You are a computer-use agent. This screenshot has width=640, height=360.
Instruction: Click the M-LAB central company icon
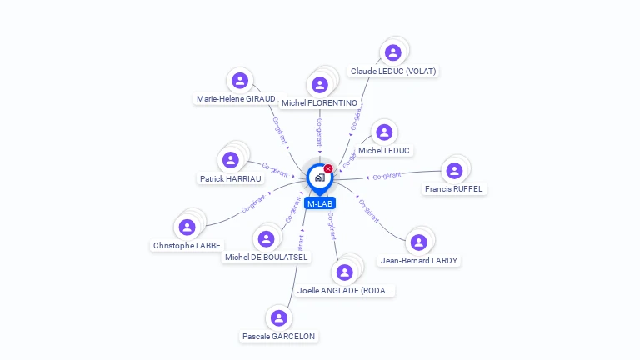coord(319,177)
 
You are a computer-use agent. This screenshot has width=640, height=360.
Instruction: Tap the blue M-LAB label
coord(320,203)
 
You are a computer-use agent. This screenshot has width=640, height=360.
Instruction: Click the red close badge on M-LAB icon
coord(328,168)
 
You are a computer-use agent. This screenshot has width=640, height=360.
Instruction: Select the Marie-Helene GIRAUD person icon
coord(240,81)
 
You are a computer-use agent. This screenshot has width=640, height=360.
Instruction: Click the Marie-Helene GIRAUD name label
coord(236,99)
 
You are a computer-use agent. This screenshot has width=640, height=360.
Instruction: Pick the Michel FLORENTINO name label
coord(319,103)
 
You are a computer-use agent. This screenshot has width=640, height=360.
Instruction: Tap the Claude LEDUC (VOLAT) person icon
coord(393,52)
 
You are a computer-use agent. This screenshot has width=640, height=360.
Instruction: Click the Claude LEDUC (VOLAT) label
coord(393,72)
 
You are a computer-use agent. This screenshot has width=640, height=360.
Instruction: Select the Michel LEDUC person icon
coord(384,132)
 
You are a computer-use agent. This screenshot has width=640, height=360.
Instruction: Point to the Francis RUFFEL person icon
coord(454,171)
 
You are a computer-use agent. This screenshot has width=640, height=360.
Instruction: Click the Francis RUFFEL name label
coord(453,189)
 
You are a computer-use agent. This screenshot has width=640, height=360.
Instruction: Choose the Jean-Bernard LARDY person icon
coord(418,242)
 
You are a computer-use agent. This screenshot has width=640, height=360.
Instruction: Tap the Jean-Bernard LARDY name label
coord(418,261)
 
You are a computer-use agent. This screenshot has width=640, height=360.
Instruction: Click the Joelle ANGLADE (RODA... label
coord(345,291)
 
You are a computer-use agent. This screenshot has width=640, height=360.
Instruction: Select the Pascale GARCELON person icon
coord(279,317)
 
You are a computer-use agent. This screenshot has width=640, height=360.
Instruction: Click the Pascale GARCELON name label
coord(279,337)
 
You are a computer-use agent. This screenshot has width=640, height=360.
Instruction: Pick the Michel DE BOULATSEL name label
coord(267,257)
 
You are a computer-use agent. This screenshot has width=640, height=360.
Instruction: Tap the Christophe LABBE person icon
coord(187,227)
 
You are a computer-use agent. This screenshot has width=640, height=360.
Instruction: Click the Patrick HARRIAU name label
coord(231,179)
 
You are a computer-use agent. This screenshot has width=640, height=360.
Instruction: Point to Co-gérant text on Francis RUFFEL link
coord(387,176)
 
